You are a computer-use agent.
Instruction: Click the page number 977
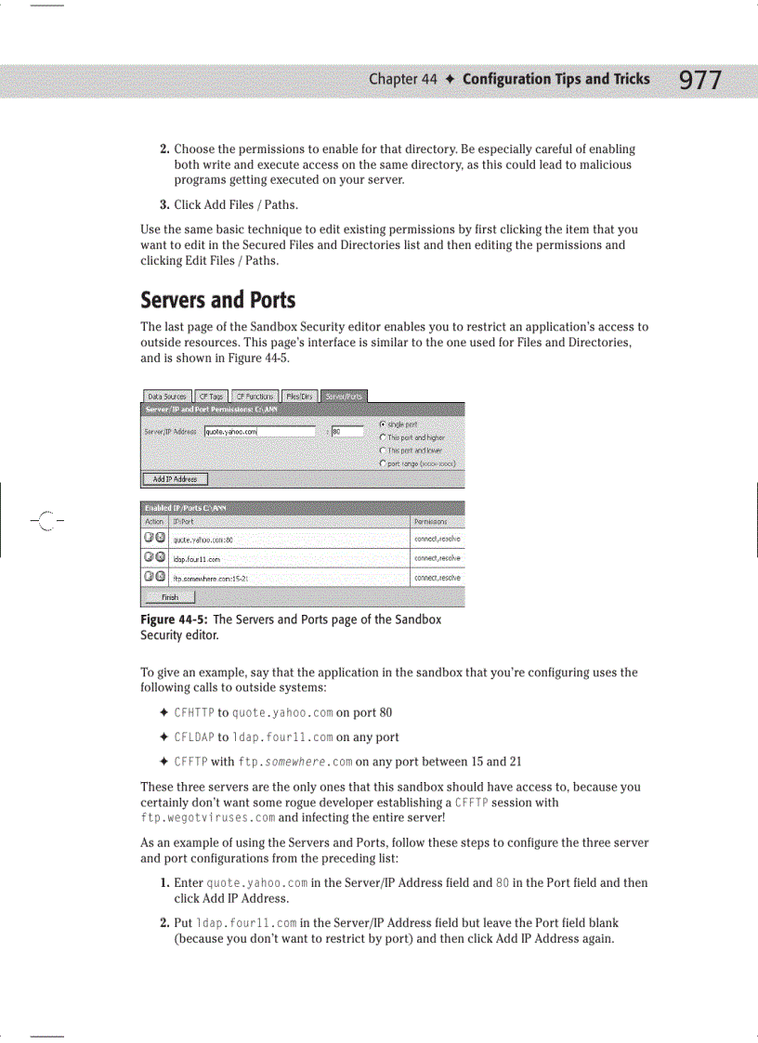coord(699,81)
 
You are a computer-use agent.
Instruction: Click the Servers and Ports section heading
coord(217,300)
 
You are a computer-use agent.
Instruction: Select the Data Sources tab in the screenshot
coord(167,396)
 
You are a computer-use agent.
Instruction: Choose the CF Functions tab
coord(253,396)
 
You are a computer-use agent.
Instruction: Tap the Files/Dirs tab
coord(298,396)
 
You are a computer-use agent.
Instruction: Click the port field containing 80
coord(346,431)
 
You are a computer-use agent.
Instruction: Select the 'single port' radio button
coord(383,424)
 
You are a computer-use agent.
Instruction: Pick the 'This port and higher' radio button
coord(383,437)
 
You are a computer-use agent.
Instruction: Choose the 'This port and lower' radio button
coord(383,450)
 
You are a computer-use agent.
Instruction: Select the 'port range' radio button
coord(383,463)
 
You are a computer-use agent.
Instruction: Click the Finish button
coord(170,598)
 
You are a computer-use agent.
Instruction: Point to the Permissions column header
coord(430,522)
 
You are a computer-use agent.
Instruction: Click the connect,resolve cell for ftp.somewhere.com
coord(437,578)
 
